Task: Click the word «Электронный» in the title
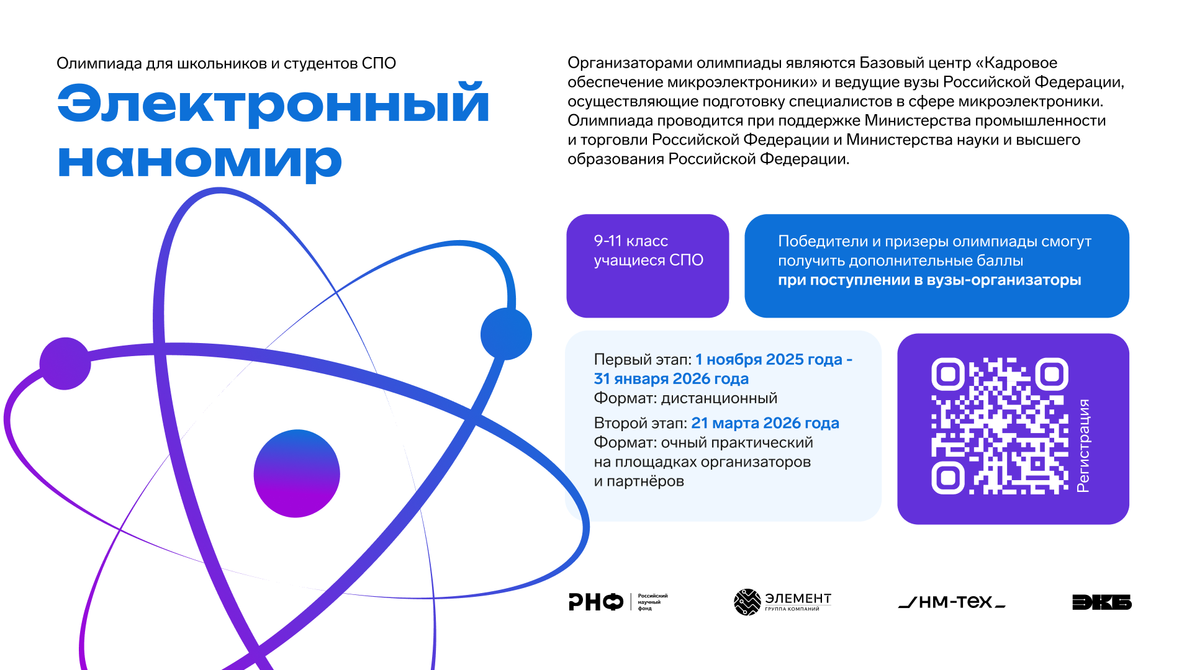273,103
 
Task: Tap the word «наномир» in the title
199,161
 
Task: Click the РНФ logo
618,602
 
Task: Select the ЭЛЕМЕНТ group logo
782,602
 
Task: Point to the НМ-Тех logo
952,602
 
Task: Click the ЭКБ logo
1102,602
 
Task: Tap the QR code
1000,426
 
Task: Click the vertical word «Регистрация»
1083,445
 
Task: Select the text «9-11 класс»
631,241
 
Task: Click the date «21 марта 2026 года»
765,423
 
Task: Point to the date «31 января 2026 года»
671,378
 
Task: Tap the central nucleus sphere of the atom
297,473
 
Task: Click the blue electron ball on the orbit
506,334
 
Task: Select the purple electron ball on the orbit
65,364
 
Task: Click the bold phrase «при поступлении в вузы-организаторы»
929,280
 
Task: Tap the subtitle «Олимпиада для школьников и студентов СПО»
226,63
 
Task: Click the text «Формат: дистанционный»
685,398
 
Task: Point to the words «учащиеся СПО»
648,261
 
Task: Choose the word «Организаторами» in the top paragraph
630,63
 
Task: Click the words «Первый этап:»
643,360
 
